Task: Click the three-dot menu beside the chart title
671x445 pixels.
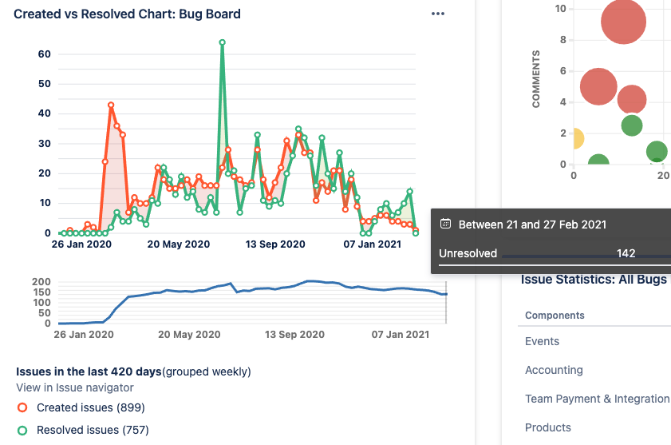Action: tap(437, 14)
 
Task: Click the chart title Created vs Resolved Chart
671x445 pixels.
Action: tap(127, 14)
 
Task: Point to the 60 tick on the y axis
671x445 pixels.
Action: tap(45, 54)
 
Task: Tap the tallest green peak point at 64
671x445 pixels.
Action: tap(222, 42)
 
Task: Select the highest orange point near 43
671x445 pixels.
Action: tap(111, 105)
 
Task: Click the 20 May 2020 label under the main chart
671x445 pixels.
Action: tap(179, 244)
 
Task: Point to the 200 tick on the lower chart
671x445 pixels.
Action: tap(41, 283)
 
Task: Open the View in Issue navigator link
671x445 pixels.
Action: tap(75, 387)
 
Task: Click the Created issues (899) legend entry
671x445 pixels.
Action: tap(90, 407)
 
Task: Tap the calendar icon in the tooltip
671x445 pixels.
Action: tap(446, 224)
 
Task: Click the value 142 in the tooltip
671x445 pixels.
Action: tap(626, 253)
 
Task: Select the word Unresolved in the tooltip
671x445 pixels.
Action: tap(468, 253)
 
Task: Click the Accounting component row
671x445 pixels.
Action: tap(554, 370)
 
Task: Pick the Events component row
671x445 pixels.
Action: tap(542, 341)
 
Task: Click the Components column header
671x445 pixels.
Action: tap(555, 316)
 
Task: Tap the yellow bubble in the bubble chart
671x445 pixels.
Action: tap(575, 139)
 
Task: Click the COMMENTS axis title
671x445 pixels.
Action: tap(536, 79)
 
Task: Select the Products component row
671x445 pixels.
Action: tap(547, 427)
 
